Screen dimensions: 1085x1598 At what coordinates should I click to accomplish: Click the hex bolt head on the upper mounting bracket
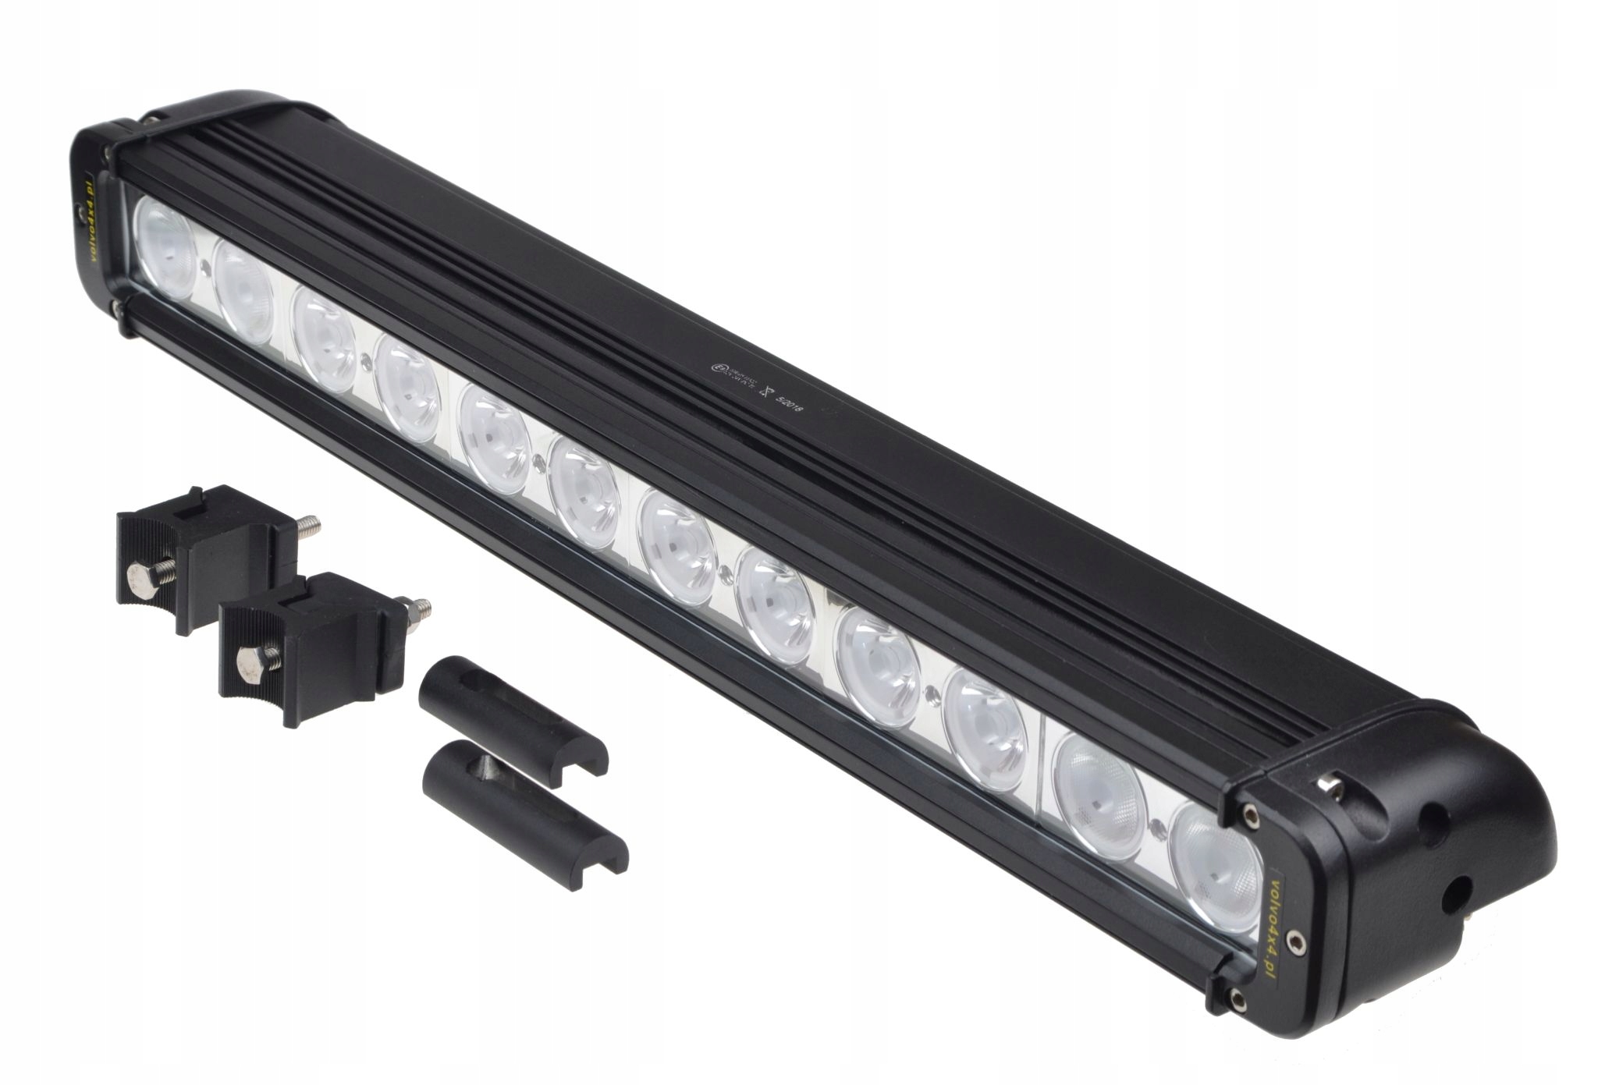click(x=137, y=581)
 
